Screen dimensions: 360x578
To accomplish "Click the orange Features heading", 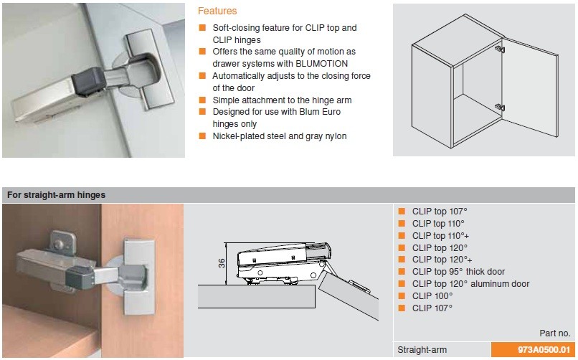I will (x=217, y=11).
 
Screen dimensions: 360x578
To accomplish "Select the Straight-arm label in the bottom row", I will (x=422, y=350).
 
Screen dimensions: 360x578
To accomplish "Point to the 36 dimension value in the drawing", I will (x=222, y=262).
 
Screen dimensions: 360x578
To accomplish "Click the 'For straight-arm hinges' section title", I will (x=56, y=195).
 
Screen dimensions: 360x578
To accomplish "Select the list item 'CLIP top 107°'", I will (x=439, y=212).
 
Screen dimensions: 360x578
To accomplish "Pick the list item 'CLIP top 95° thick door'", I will (x=458, y=272).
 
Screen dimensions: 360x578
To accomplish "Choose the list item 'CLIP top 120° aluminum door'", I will (x=470, y=284).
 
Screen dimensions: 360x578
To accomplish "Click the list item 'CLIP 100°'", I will (x=432, y=295).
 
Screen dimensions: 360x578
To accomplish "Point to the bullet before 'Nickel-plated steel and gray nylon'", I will (x=203, y=136).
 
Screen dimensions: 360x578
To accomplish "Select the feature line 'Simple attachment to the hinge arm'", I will (x=283, y=100).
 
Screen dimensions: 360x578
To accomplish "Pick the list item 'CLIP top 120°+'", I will (x=442, y=260).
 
